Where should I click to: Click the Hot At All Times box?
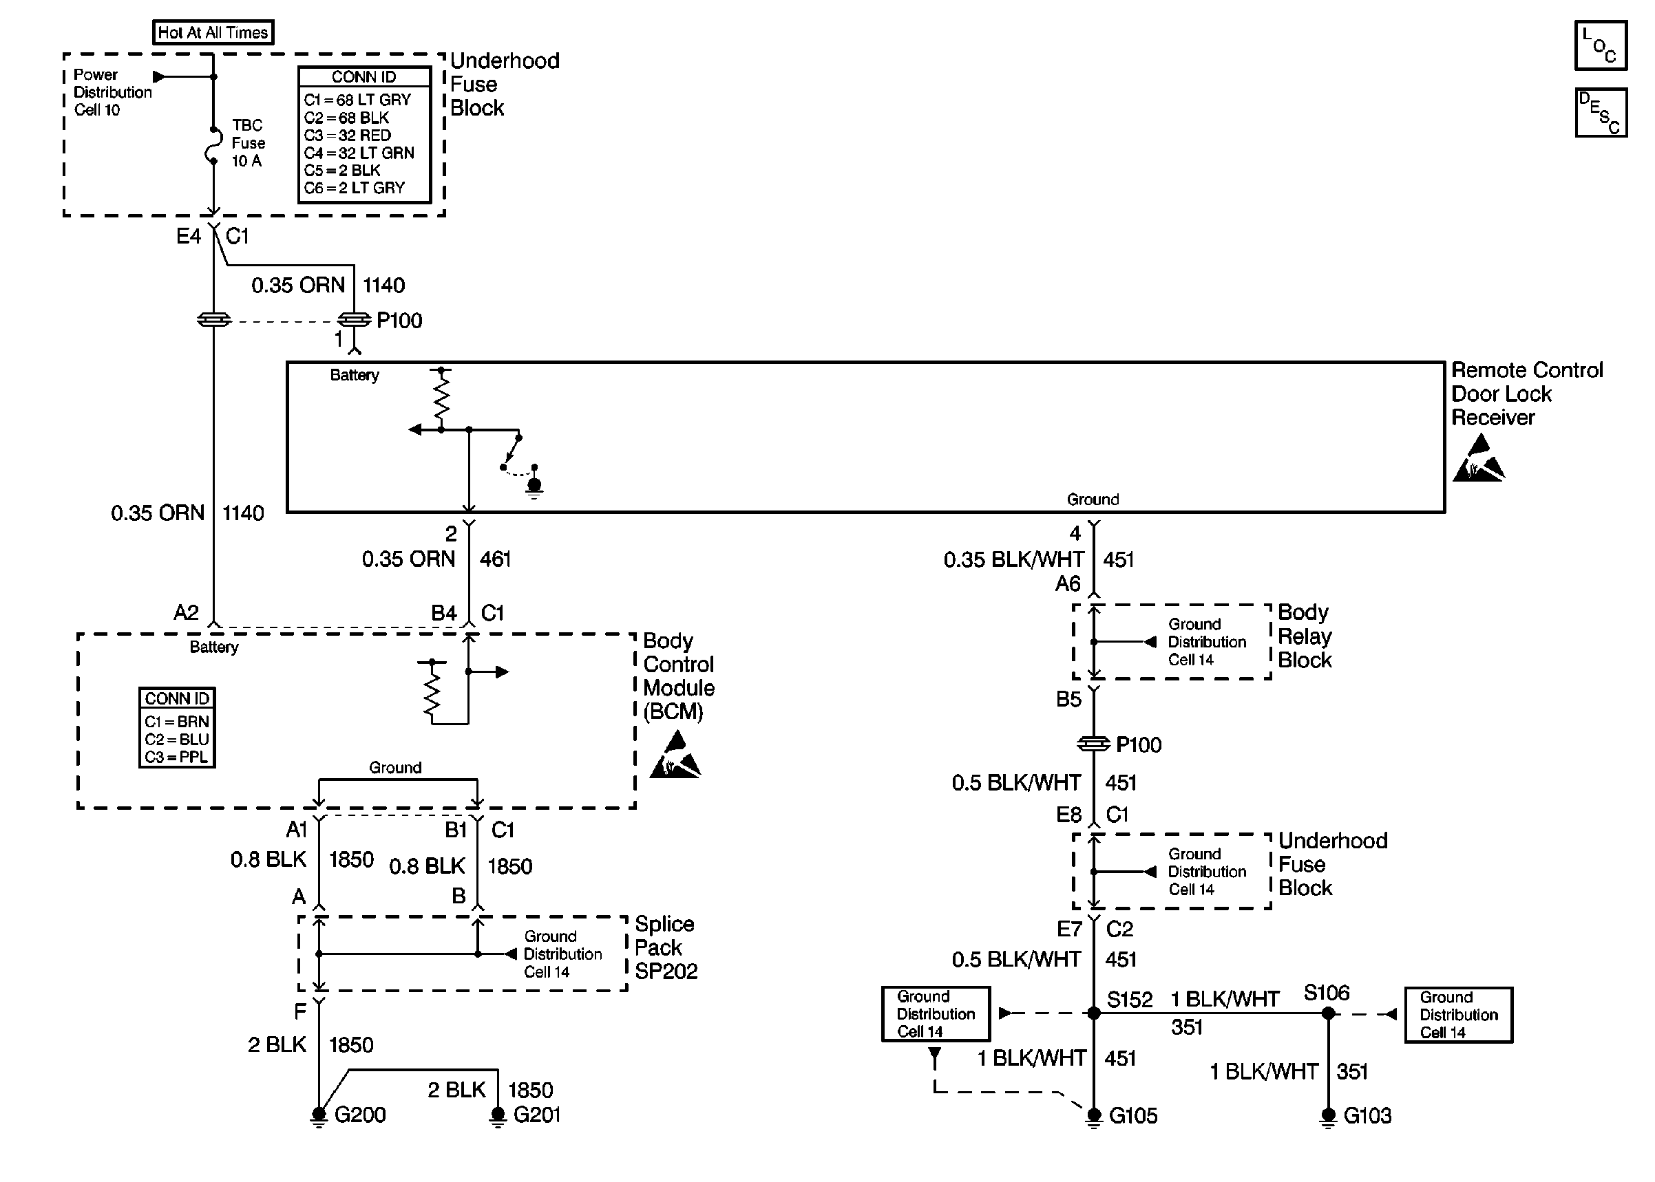[x=213, y=32]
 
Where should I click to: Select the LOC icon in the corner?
[x=1601, y=45]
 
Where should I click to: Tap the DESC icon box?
[x=1601, y=113]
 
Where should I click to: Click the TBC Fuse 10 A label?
[x=249, y=142]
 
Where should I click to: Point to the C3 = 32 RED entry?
[x=347, y=136]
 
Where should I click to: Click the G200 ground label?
[x=359, y=1115]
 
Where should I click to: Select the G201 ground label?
[x=536, y=1115]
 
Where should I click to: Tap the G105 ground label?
[x=1133, y=1115]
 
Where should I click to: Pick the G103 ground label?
[x=1367, y=1115]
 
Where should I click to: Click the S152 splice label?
[x=1129, y=999]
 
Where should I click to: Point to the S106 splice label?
[x=1327, y=993]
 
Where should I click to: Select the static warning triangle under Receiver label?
[x=1479, y=458]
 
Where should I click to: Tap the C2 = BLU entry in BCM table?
[x=177, y=740]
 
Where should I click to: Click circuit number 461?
[x=495, y=559]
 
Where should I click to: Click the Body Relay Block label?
[x=1305, y=636]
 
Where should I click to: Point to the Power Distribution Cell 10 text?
[x=112, y=92]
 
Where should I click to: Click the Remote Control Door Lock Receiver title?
[x=1527, y=394]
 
